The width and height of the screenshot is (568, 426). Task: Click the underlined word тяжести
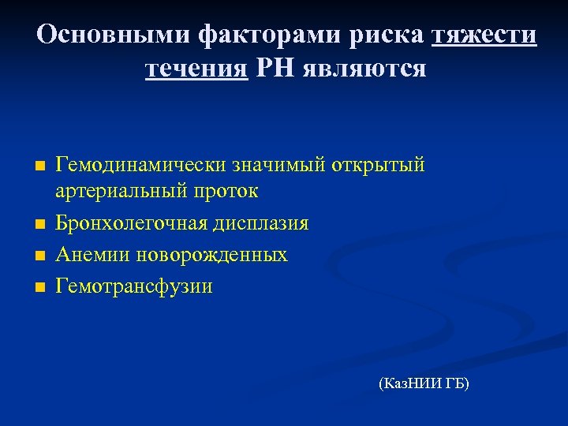click(x=484, y=35)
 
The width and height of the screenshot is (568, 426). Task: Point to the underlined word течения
click(x=196, y=69)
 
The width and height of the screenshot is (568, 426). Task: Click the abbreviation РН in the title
click(x=274, y=69)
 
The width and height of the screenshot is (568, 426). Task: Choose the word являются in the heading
click(x=363, y=69)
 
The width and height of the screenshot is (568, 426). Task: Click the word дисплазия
click(x=260, y=223)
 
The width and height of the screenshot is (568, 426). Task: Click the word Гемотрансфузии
click(x=133, y=286)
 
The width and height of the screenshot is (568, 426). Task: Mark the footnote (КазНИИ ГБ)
click(x=424, y=384)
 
